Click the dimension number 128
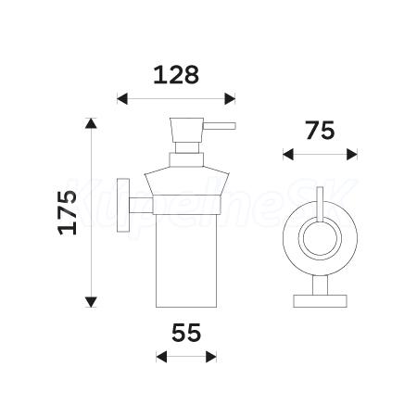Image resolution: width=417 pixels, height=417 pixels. [x=176, y=75]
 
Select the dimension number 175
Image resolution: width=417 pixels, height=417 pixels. [x=68, y=212]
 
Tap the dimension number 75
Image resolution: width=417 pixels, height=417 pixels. [x=321, y=131]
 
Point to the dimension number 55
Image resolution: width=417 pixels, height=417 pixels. [x=186, y=333]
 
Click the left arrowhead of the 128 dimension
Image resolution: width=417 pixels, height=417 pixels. [x=122, y=99]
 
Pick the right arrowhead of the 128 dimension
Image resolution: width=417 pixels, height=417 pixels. [x=230, y=99]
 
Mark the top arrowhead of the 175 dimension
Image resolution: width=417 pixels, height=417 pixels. [x=91, y=123]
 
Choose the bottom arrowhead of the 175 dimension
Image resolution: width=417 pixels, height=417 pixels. [x=91, y=302]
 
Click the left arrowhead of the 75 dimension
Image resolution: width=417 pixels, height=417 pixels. [x=288, y=154]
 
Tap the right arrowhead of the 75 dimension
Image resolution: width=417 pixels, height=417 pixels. [x=352, y=154]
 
